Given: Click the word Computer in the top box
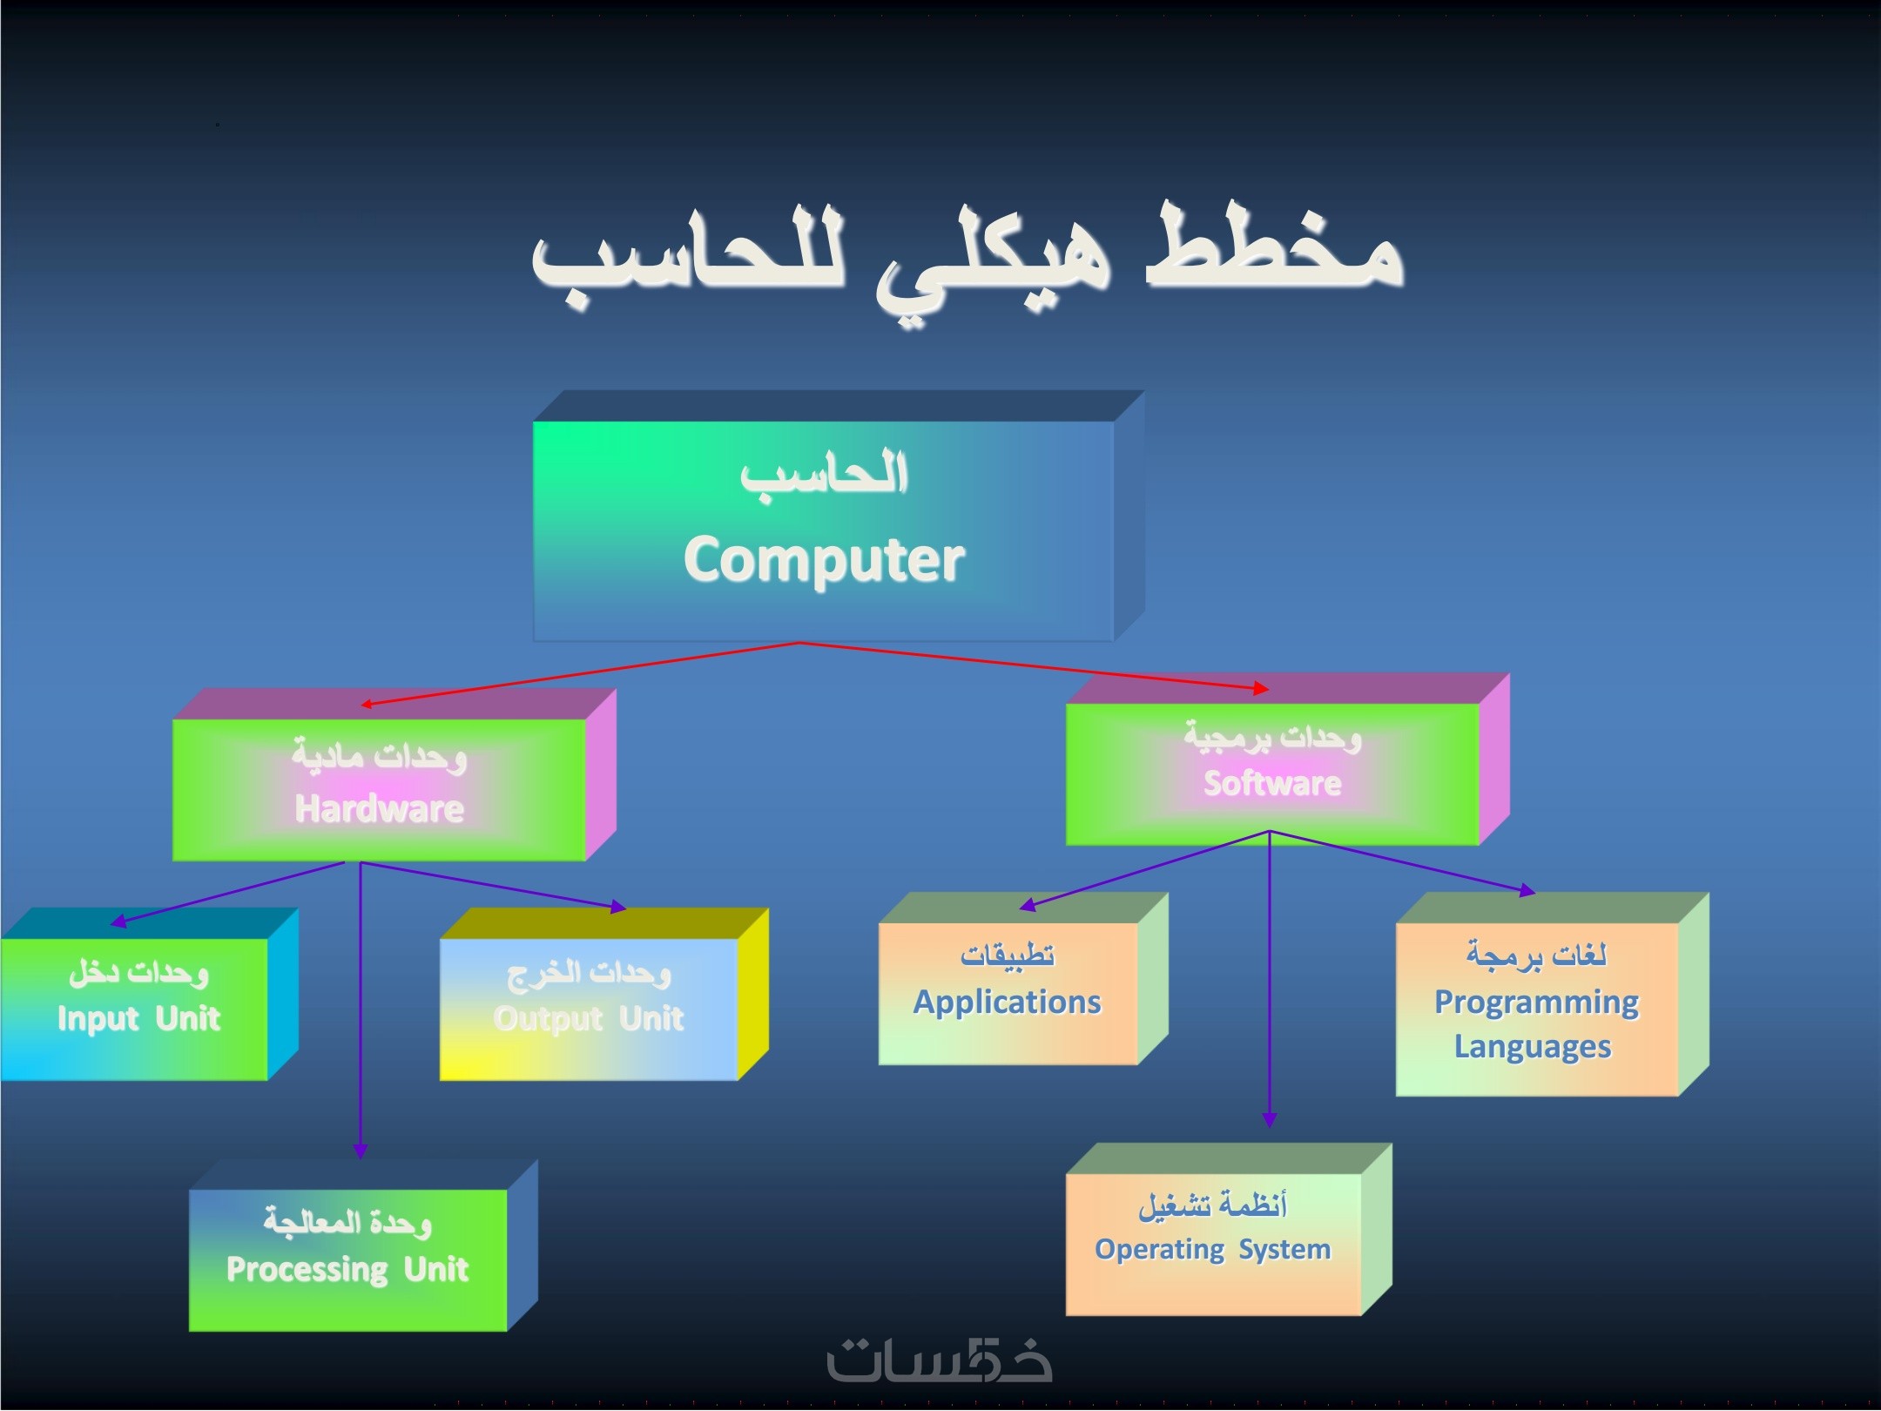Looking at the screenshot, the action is coord(824,559).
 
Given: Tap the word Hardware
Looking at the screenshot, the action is coord(380,809).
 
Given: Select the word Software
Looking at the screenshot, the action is coord(1272,783).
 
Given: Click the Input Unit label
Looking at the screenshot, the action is coord(138,1018).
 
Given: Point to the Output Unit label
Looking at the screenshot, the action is coord(589,1018).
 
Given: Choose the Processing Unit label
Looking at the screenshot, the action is coord(347,1269).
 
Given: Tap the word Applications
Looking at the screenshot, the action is coord(1008,1003).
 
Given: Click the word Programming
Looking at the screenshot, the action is coord(1537,1003).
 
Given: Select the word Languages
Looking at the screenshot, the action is coord(1533,1046).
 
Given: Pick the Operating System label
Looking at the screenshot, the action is coord(1213,1250).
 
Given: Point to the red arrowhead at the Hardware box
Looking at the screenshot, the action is coord(367,704).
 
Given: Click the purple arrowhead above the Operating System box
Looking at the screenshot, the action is coord(1270,1120).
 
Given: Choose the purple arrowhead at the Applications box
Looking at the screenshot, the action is coord(1028,906).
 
